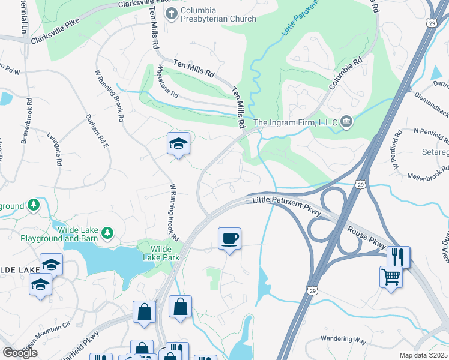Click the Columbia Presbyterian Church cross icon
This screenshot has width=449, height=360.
[172, 13]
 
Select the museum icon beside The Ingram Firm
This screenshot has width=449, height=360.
[346, 123]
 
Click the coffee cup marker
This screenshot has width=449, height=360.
[229, 238]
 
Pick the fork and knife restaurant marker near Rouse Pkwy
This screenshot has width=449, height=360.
[398, 257]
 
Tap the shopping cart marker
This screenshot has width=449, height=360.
[391, 277]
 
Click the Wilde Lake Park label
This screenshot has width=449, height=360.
[159, 253]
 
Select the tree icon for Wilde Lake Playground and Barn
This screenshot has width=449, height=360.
[107, 232]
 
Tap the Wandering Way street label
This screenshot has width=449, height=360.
[343, 340]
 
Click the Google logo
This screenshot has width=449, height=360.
[20, 353]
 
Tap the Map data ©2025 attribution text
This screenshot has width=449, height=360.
[423, 355]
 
